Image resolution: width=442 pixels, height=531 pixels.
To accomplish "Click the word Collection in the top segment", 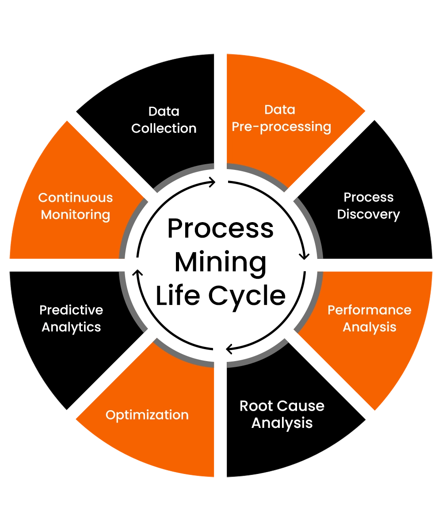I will coord(164,128).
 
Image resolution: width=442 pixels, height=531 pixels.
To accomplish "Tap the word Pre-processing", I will coord(282,127).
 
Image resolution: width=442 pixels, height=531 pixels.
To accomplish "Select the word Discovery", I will coord(368,215).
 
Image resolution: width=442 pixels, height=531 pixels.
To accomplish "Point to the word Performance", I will coord(369,310).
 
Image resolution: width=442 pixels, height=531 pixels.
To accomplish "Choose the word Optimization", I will coord(147,415).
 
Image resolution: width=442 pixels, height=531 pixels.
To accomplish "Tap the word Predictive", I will coord(71,310).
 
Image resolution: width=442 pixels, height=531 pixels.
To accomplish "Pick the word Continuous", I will coord(76,197).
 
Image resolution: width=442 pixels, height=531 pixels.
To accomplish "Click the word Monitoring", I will coord(76,215).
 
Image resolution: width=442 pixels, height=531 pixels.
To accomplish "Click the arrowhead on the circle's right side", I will coord(304,255).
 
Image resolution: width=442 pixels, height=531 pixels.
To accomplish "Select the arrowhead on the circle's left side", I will coord(137,272).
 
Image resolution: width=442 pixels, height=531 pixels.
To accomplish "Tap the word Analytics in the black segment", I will coord(71,327).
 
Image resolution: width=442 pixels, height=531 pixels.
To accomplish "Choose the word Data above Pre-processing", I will coord(280,110).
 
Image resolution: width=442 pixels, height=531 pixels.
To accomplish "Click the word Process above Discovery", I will coord(368,197).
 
